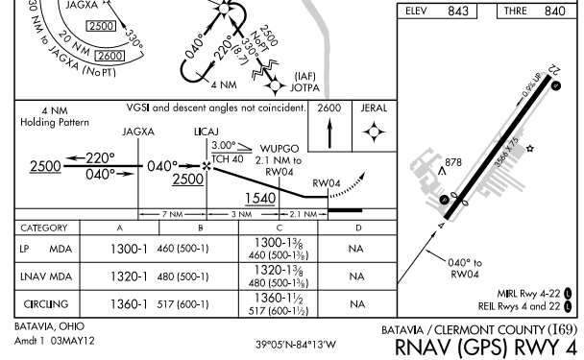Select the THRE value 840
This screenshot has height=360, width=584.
(554, 12)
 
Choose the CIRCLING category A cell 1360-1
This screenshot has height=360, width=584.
(119, 304)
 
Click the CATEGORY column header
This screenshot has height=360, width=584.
(44, 228)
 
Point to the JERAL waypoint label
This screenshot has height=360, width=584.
(373, 108)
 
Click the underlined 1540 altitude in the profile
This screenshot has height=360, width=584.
(261, 198)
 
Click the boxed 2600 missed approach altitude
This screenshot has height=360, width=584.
(328, 108)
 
